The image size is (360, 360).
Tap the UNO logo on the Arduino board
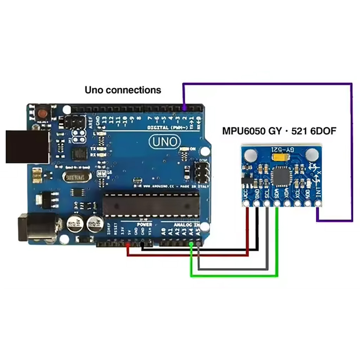tap(165, 142)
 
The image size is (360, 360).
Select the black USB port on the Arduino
tap(27, 146)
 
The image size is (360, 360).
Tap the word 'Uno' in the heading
tap(94, 90)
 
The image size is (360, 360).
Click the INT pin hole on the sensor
tap(319, 203)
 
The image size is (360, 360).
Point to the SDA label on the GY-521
tap(277, 193)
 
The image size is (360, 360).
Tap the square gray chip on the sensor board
tap(281, 177)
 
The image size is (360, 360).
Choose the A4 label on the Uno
tap(191, 233)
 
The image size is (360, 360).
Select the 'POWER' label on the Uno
tap(144, 224)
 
